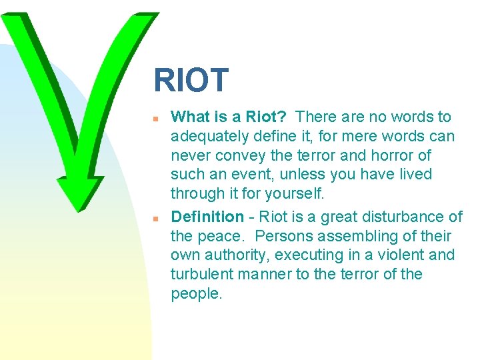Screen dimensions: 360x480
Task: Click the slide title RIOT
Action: point(191,81)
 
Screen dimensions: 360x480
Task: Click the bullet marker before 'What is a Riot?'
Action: point(154,119)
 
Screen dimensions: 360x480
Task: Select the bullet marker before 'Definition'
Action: point(154,218)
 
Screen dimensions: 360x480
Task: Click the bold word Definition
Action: point(207,217)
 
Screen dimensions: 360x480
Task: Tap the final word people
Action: point(196,294)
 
